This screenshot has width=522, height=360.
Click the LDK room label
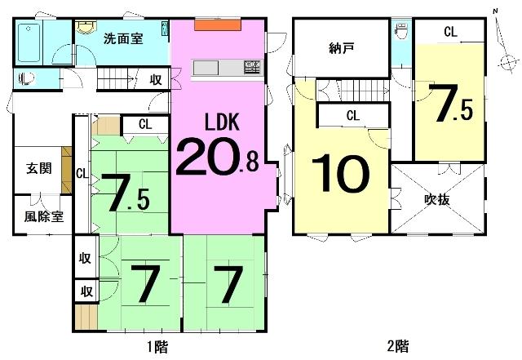point(222,122)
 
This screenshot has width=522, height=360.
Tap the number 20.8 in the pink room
point(218,156)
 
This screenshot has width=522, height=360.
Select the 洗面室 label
point(123,39)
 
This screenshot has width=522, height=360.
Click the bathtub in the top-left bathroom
point(29,42)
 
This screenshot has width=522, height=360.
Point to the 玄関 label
point(39,168)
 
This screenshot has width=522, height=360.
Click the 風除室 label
point(43,216)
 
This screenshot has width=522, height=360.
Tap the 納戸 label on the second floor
point(341,49)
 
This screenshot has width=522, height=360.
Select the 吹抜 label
point(437,200)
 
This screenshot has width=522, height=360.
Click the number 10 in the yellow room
point(340,174)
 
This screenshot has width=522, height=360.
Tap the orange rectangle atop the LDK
point(218,25)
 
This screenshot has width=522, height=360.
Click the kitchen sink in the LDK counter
point(252,67)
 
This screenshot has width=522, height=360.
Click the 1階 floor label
point(157,347)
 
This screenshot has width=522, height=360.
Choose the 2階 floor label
point(398,347)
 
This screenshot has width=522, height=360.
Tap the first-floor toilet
point(28,78)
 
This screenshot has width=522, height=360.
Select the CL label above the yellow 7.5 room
point(450,32)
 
